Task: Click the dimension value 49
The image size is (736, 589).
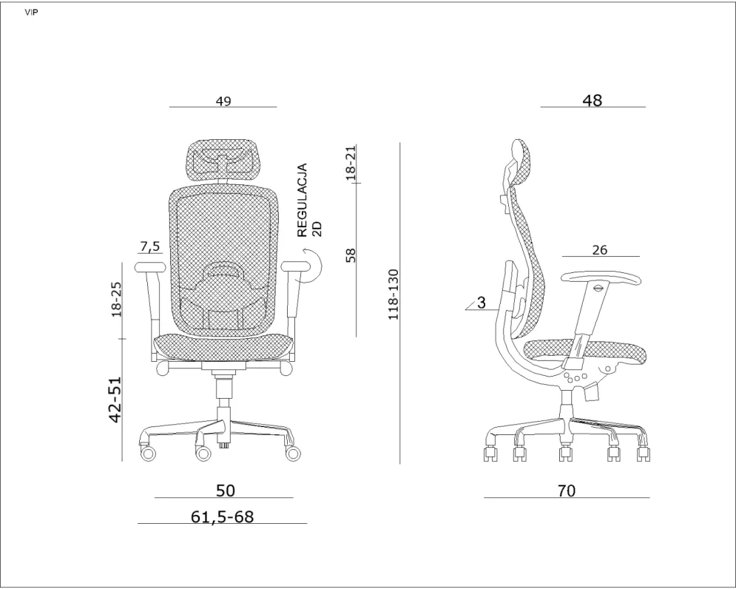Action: tap(223, 101)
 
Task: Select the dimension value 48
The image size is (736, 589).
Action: tap(592, 100)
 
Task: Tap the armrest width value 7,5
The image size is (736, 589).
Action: tap(149, 246)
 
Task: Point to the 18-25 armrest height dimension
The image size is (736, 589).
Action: tap(116, 299)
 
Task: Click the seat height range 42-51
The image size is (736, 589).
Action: tap(115, 400)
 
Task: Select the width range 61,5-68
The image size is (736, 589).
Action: tap(222, 516)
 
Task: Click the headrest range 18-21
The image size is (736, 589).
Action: tap(351, 163)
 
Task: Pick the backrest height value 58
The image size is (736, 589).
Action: tap(351, 255)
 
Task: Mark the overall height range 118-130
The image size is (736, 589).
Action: tap(394, 294)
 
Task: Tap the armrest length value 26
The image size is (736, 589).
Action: tap(599, 250)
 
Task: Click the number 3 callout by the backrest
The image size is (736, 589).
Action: tap(481, 302)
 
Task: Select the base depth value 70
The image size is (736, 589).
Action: tap(567, 490)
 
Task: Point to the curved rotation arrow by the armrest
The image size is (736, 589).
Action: tap(311, 265)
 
